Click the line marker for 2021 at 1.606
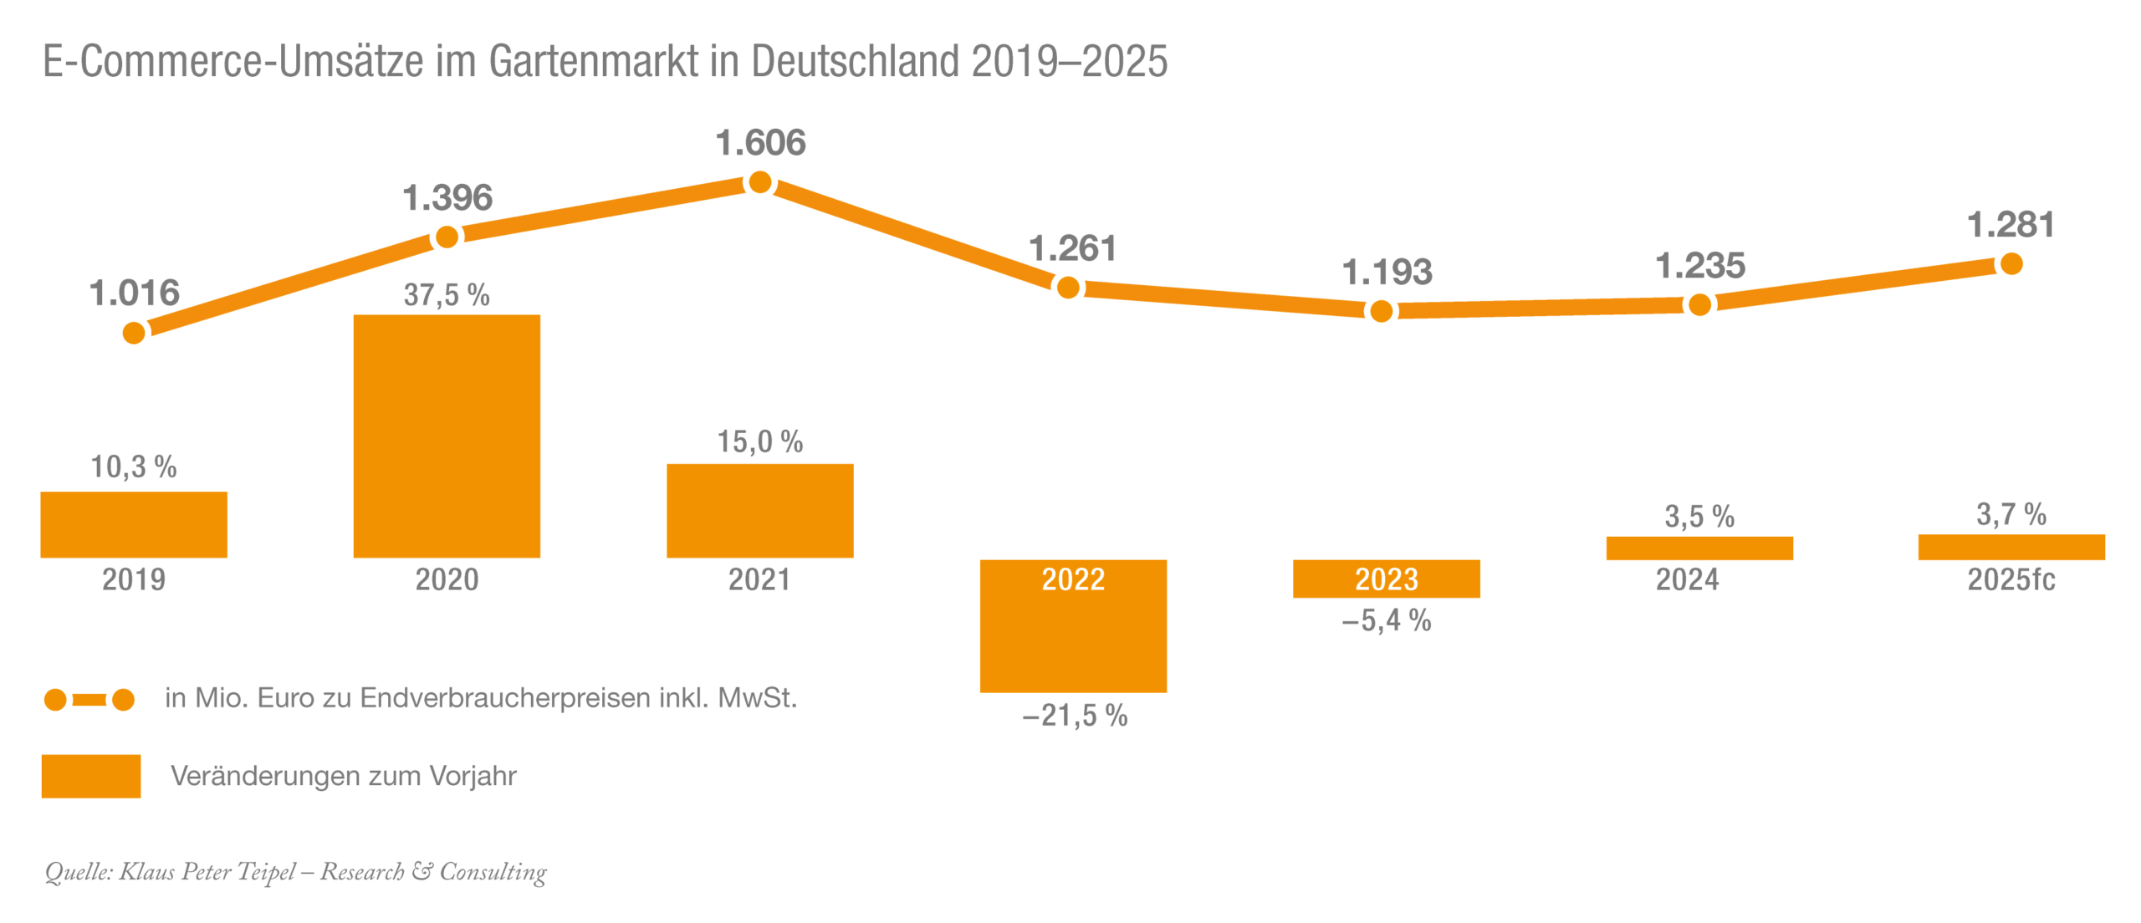pos(759,182)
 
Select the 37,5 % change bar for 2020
pos(447,435)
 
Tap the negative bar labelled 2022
pos(1073,635)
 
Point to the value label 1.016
pos(134,293)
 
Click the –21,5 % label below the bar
pos(1075,716)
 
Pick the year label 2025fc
pos(2011,579)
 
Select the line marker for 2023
pos(1381,312)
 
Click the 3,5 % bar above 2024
pos(1699,548)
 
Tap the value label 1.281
pos(2011,225)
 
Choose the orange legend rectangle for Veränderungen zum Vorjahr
pos(91,776)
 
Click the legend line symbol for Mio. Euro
pos(89,699)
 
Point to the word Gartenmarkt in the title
pos(594,61)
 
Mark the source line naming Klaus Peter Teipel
pos(295,872)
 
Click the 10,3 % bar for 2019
pos(134,524)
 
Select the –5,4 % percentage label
pos(1386,620)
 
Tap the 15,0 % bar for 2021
pos(759,510)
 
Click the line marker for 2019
pos(134,334)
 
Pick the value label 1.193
pos(1387,273)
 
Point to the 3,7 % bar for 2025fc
pos(2011,547)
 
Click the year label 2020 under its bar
pos(447,579)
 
